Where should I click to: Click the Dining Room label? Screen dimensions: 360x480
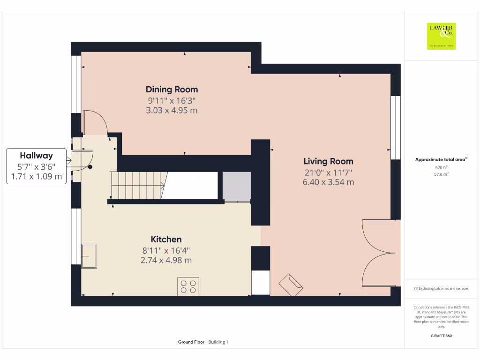pos(172,89)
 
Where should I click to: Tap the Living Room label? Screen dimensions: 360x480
pos(328,161)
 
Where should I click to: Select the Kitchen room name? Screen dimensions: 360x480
pos(166,239)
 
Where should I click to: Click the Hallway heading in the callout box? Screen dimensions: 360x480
pos(36,156)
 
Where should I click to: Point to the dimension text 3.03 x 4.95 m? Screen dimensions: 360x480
pos(172,110)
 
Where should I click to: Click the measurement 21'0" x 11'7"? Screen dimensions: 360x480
pos(328,172)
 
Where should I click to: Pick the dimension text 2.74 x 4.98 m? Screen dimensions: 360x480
pos(166,260)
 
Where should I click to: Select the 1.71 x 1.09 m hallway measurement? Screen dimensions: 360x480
pos(36,177)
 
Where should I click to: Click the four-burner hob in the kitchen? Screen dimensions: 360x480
pos(188,286)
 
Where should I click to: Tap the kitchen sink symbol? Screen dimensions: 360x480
pos(89,255)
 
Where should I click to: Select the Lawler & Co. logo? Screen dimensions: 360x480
pos(441,36)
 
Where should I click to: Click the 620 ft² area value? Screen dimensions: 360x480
pos(441,167)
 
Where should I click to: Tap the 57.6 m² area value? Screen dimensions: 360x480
pos(441,174)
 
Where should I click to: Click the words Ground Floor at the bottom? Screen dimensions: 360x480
pos(191,342)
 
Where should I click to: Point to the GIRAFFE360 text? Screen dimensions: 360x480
pos(441,336)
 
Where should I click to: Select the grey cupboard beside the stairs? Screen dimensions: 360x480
pos(237,186)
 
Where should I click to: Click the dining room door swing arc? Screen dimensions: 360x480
pos(96,122)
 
